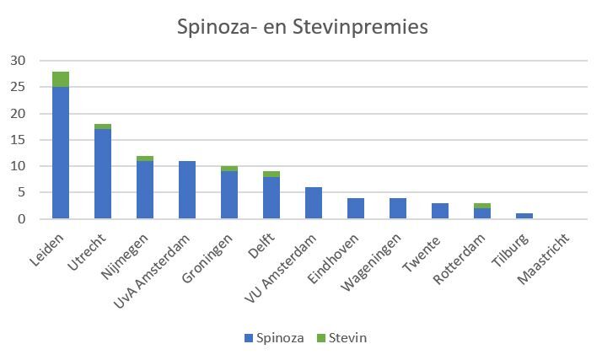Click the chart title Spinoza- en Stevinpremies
click(x=302, y=27)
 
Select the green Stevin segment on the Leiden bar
click(x=61, y=79)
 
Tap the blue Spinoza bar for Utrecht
click(x=103, y=174)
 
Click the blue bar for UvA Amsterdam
click(x=187, y=190)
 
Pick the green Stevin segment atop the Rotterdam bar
click(x=482, y=206)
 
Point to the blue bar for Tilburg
click(x=524, y=216)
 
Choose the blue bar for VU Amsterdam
click(x=314, y=203)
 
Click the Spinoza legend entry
click(x=273, y=338)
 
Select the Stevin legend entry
click(x=340, y=338)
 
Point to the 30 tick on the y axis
click(x=18, y=61)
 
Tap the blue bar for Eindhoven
click(x=356, y=208)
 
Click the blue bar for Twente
click(x=440, y=211)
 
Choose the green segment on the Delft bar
click(x=271, y=174)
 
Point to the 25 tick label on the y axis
click(x=18, y=87)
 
